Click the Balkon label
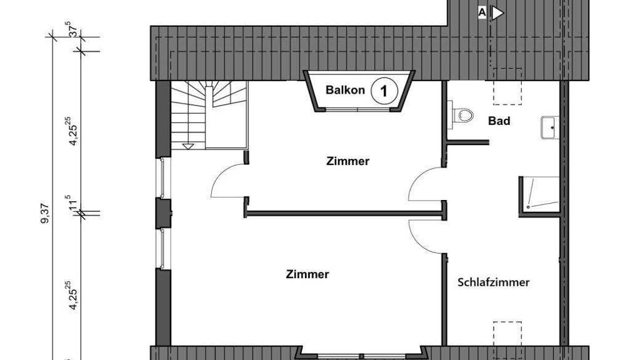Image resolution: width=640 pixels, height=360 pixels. pyautogui.click(x=345, y=90)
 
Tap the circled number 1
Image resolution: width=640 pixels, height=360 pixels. pyautogui.click(x=384, y=91)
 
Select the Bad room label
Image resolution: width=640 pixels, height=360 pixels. pyautogui.click(x=499, y=121)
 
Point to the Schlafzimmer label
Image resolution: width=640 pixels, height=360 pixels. pyautogui.click(x=493, y=282)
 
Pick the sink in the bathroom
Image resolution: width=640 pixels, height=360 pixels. pyautogui.click(x=550, y=127)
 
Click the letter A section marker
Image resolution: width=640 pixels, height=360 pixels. pyautogui.click(x=482, y=12)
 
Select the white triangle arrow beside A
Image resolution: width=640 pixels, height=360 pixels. pyautogui.click(x=497, y=13)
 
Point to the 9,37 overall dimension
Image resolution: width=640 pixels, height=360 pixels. pyautogui.click(x=45, y=213)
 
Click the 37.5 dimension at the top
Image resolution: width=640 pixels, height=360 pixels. pyautogui.click(x=74, y=31)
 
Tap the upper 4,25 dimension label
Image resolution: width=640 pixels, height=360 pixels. pyautogui.click(x=74, y=131)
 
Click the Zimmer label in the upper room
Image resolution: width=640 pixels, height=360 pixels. pyautogui.click(x=347, y=161)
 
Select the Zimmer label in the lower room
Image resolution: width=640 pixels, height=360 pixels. pyautogui.click(x=307, y=274)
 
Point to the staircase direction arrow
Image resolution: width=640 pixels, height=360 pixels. pyautogui.click(x=187, y=146)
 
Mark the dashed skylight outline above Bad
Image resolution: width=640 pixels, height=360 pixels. pyautogui.click(x=507, y=86)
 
